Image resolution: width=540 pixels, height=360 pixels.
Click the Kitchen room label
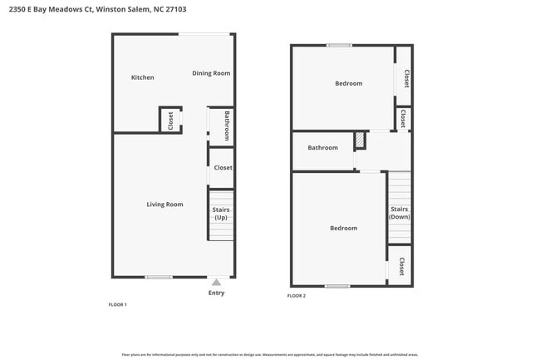143,77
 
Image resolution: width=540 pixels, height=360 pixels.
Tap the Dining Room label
211,73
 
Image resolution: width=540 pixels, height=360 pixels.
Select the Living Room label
164,204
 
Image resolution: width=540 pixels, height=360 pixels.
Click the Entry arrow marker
216,283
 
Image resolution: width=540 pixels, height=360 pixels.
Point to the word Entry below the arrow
216,293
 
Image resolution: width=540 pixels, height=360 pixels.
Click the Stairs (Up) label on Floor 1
221,214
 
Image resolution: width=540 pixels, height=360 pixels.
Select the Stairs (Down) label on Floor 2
400,213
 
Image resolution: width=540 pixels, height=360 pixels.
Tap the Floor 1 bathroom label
227,127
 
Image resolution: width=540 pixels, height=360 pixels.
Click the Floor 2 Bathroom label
322,148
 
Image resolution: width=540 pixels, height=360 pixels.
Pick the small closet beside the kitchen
170,120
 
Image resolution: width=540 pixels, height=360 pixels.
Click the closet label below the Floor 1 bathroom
223,168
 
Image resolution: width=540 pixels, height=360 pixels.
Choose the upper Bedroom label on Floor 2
348,83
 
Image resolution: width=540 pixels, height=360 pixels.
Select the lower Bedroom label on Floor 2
343,228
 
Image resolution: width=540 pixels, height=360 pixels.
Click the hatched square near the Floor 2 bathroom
360,141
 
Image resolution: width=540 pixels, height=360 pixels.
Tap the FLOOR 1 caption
118,305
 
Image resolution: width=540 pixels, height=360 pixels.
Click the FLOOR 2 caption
297,296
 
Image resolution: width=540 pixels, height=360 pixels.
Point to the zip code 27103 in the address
176,10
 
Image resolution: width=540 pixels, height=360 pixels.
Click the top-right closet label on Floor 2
405,78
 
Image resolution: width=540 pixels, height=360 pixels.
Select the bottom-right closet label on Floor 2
400,266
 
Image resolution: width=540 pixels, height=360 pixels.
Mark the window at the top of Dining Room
205,34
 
